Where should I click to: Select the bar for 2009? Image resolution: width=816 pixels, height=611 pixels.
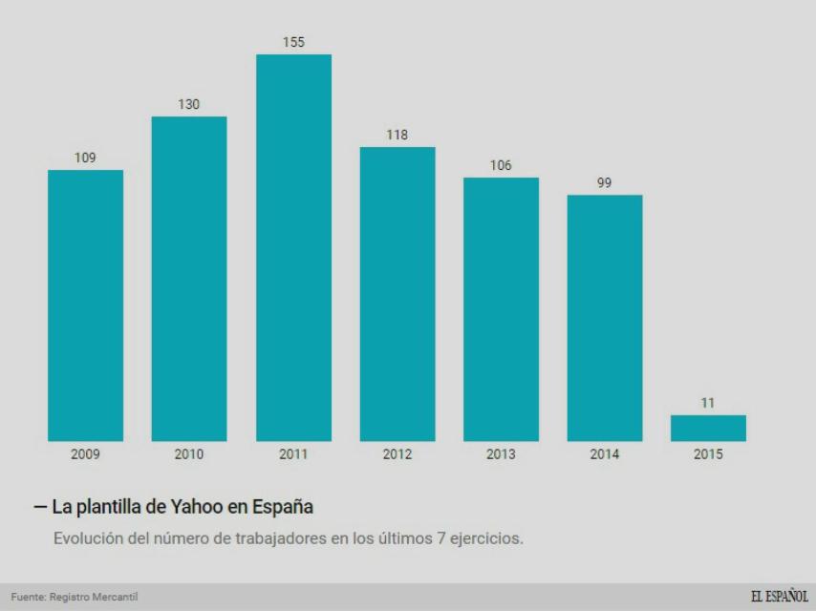pos(85,305)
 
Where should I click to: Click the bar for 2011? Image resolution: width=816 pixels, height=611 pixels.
pos(293,248)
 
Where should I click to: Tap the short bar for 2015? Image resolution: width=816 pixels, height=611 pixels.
pos(708,428)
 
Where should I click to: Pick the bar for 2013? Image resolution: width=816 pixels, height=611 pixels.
pos(501,309)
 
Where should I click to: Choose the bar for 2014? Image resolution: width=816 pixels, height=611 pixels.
pos(604,318)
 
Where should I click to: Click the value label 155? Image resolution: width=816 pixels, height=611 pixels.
pos(293,42)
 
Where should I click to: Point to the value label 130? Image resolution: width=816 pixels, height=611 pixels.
pos(189,104)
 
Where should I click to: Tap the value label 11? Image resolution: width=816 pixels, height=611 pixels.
pos(708,403)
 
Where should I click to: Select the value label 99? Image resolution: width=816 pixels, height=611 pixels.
pos(604,182)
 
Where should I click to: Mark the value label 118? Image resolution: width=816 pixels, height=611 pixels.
pos(397,135)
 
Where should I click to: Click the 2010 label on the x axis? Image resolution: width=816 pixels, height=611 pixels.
pos(189,454)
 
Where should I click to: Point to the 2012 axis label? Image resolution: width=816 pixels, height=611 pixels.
pos(397,454)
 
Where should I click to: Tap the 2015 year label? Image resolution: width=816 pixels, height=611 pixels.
pos(708,454)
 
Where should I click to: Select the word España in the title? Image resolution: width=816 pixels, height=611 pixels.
pos(283,506)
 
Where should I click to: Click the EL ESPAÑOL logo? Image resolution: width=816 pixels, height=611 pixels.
pos(779,597)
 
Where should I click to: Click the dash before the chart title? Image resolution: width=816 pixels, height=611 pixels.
pos(39,506)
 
